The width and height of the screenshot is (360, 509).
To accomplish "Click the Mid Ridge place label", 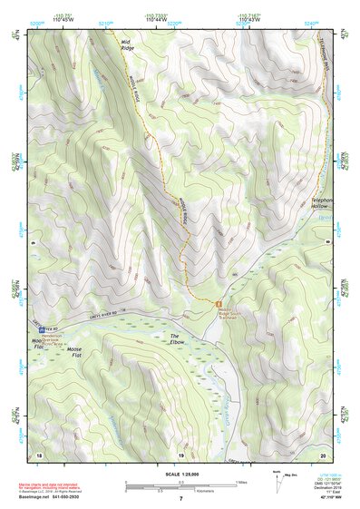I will [126, 44].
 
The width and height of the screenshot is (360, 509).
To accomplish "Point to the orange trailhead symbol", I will [218, 303].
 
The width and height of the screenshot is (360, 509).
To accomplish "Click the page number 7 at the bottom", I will [180, 498].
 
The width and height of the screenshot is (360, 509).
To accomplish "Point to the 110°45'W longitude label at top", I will [64, 19].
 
